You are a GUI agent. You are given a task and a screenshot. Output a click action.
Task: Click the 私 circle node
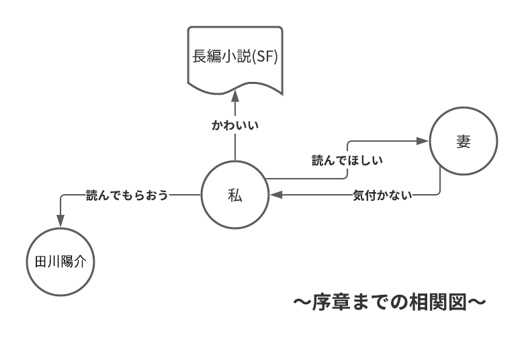tap(234, 195)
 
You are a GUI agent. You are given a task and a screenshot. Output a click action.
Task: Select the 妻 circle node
tap(464, 143)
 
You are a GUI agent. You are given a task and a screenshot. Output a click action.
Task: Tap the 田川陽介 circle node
tap(60, 263)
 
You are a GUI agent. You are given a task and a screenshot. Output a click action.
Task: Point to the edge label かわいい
tap(235, 125)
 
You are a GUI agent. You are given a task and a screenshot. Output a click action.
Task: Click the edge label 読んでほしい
tap(343, 161)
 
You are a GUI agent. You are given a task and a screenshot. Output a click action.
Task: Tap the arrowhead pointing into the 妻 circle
tap(422, 142)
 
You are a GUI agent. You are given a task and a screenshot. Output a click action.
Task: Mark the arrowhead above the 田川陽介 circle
tap(60, 221)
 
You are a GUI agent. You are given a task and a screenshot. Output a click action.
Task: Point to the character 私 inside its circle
tap(234, 195)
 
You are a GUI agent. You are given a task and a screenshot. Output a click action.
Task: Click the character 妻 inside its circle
tap(464, 143)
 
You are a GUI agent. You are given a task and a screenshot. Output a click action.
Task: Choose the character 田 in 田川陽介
tap(40, 263)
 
